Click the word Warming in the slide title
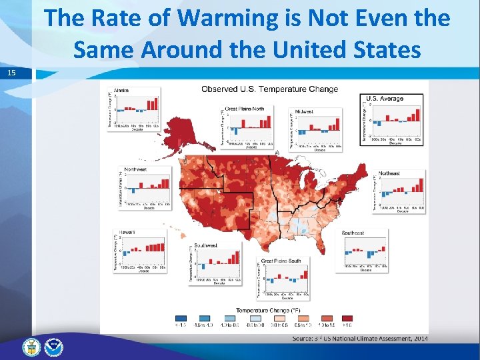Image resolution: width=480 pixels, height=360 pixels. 234,18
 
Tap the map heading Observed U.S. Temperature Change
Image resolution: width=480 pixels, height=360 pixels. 269,89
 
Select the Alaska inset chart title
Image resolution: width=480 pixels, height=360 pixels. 121,90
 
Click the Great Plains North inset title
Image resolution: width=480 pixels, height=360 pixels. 244,108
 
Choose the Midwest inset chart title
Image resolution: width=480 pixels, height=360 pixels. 305,111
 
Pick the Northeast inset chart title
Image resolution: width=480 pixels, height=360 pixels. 389,173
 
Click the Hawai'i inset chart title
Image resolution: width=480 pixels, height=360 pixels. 128,232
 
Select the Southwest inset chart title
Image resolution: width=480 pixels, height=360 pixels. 205,245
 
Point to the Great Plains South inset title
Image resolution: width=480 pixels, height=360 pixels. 281,261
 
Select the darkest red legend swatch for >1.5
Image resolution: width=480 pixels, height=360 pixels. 347,319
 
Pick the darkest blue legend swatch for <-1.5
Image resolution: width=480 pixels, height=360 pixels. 181,319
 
